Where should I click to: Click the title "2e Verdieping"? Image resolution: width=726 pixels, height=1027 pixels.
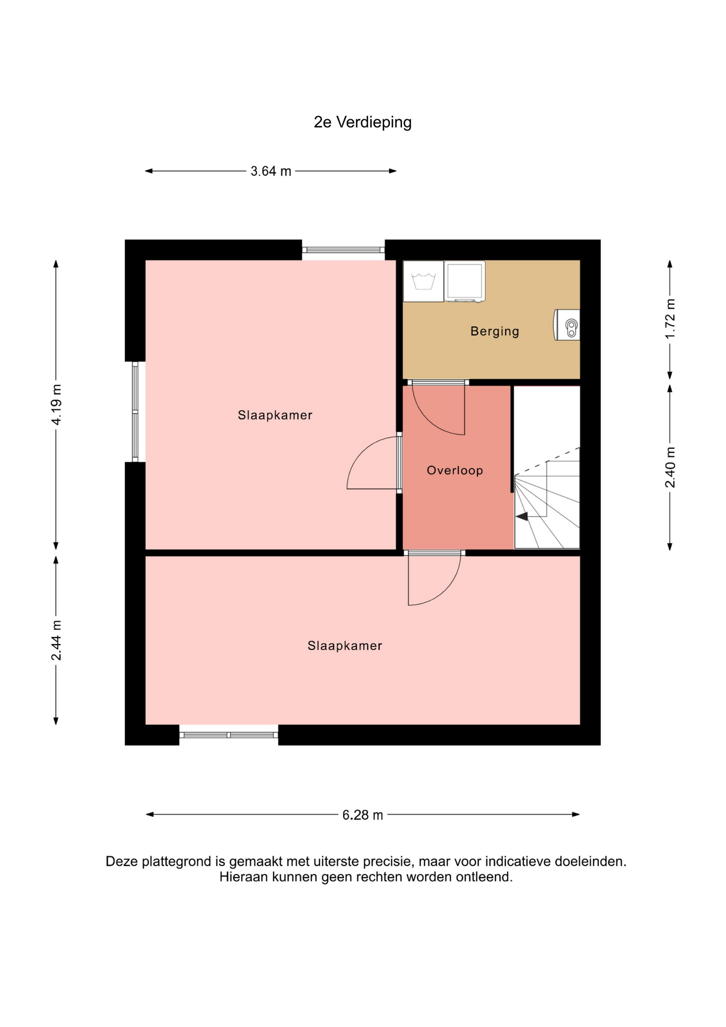(362, 122)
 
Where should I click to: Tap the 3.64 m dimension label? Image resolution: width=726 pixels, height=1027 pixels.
(271, 171)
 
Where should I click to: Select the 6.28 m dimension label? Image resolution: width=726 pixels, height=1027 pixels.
(362, 815)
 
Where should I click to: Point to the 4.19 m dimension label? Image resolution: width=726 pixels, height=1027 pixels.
(56, 404)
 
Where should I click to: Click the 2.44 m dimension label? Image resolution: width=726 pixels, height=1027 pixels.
(56, 640)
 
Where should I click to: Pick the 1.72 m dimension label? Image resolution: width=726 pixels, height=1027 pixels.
(670, 319)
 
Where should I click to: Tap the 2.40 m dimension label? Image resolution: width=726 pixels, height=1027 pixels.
(670, 467)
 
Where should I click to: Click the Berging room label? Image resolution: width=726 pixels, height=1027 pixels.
(495, 332)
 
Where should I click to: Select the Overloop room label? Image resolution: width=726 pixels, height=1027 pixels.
(455, 470)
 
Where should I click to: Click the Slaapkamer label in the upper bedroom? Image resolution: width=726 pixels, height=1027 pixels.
(275, 415)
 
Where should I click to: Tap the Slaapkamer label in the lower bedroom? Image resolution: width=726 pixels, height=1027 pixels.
(345, 646)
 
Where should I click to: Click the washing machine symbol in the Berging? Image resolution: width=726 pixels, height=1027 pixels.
(423, 281)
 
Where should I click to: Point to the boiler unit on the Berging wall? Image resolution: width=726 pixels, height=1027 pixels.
(567, 325)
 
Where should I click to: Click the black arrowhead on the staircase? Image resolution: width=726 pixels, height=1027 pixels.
(522, 516)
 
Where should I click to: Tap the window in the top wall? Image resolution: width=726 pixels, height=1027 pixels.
(343, 250)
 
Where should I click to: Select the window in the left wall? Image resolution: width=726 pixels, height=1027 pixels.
(135, 411)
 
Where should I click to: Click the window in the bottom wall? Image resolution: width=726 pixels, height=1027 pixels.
(229, 735)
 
